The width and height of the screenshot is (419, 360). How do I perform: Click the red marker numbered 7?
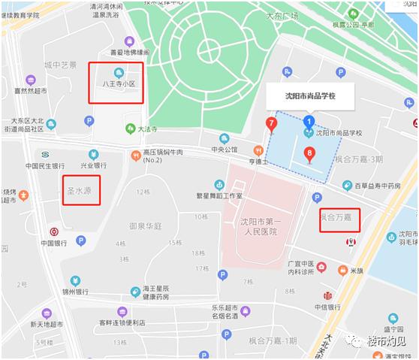point(271,124)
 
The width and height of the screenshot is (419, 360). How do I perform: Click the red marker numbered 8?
point(309,156)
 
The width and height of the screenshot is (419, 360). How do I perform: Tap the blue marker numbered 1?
point(309,121)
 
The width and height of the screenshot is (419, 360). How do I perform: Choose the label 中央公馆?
point(224,150)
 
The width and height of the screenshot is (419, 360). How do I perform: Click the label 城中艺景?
point(60,65)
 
